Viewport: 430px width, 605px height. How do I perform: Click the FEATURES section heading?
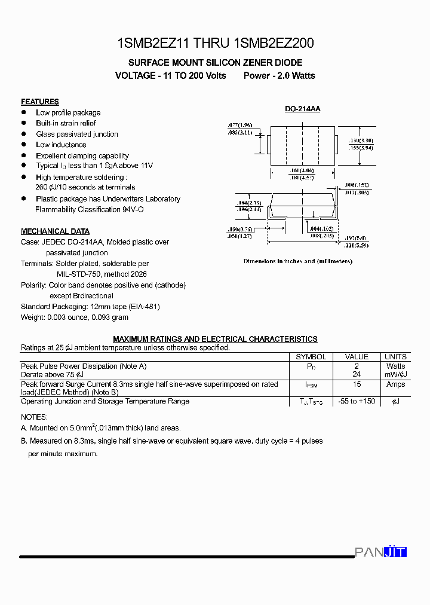pyautogui.click(x=39, y=102)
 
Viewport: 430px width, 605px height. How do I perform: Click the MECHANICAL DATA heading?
pyautogui.click(x=55, y=231)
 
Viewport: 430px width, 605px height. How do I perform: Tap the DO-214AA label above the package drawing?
pyautogui.click(x=302, y=109)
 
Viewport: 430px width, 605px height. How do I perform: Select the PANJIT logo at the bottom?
pyautogui.click(x=380, y=552)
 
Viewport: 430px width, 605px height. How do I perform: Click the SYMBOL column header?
pyautogui.click(x=311, y=357)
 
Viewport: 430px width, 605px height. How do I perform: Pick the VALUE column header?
pyautogui.click(x=357, y=357)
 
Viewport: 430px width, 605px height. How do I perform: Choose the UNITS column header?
pyautogui.click(x=395, y=357)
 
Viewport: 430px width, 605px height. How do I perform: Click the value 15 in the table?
pyautogui.click(x=357, y=384)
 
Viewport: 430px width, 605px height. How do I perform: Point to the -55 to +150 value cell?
pyautogui.click(x=357, y=401)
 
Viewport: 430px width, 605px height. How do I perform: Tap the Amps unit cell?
pyautogui.click(x=395, y=384)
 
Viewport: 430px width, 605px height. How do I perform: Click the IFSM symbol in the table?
pyautogui.click(x=311, y=386)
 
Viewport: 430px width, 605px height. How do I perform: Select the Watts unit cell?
pyautogui.click(x=395, y=366)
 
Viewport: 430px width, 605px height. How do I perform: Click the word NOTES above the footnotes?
pyautogui.click(x=34, y=417)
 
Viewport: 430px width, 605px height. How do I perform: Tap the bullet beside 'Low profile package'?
pyautogui.click(x=24, y=112)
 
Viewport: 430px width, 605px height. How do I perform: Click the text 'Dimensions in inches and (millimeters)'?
pyautogui.click(x=297, y=261)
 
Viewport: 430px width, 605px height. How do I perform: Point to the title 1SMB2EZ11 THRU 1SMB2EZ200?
pyautogui.click(x=216, y=43)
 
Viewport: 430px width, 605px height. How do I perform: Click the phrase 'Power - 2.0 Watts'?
pyautogui.click(x=279, y=76)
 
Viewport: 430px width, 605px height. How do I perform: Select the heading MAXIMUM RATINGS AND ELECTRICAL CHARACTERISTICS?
pyautogui.click(x=215, y=339)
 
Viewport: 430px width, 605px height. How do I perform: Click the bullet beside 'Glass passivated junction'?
pyautogui.click(x=24, y=134)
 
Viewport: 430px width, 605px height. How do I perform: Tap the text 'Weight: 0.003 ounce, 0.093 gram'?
pyautogui.click(x=75, y=317)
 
